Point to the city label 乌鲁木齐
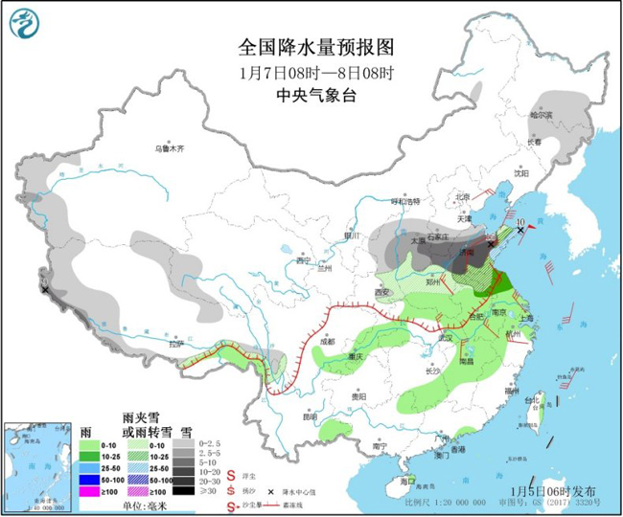169,149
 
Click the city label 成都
328,340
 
